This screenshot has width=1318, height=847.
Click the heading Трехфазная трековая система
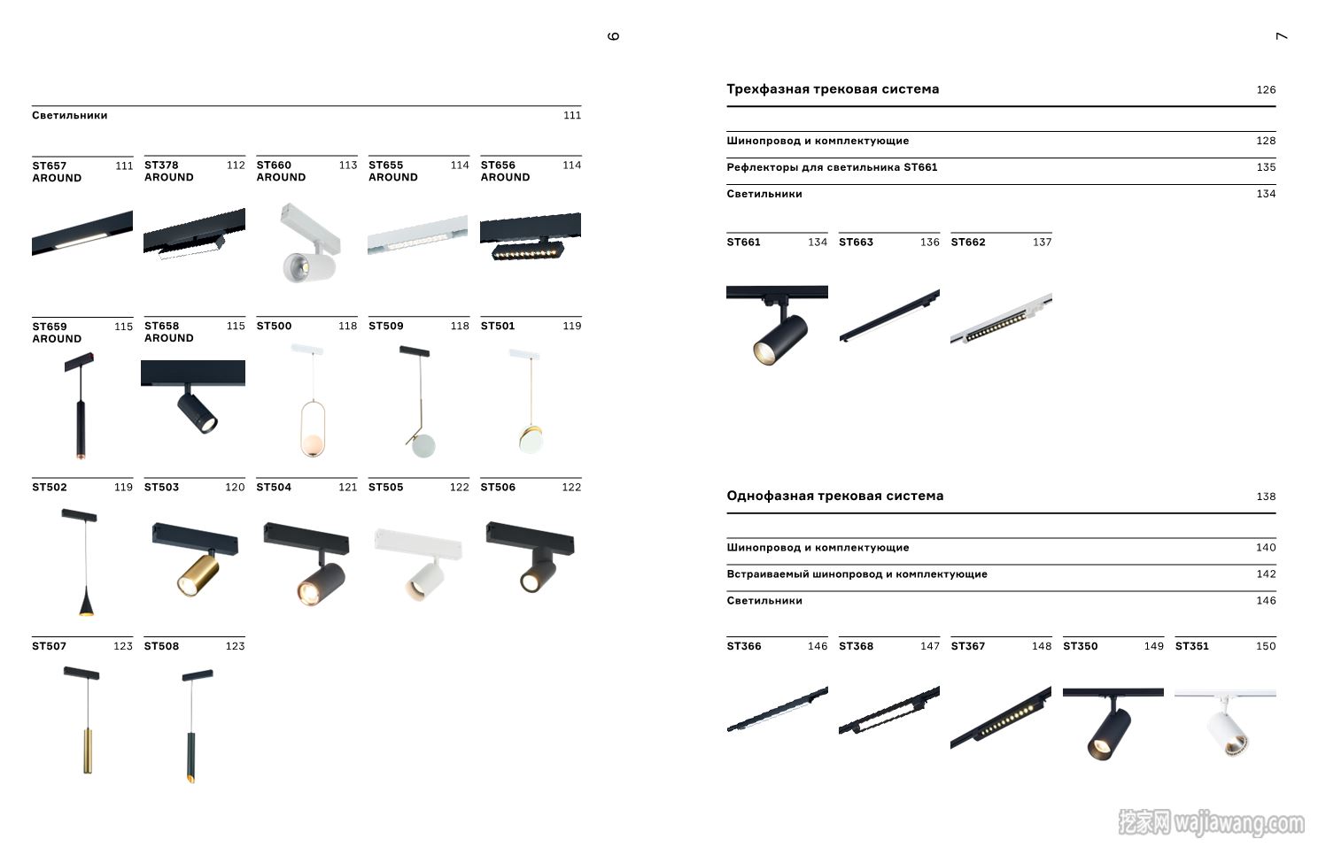coord(833,89)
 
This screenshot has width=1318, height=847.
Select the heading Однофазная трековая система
coord(835,497)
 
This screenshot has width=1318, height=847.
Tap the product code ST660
coord(274,166)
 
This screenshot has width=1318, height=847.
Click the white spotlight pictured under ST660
coord(309,243)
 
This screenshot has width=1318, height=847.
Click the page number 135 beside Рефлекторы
coord(1266,167)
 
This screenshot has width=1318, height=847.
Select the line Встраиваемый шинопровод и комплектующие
coord(857,574)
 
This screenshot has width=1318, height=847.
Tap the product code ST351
coord(1192,646)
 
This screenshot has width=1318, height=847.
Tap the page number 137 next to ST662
coord(1042,243)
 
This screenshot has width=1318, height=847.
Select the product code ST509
coord(386,327)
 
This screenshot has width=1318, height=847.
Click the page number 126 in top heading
coord(1266,90)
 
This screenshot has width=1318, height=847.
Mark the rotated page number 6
coord(613,36)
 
